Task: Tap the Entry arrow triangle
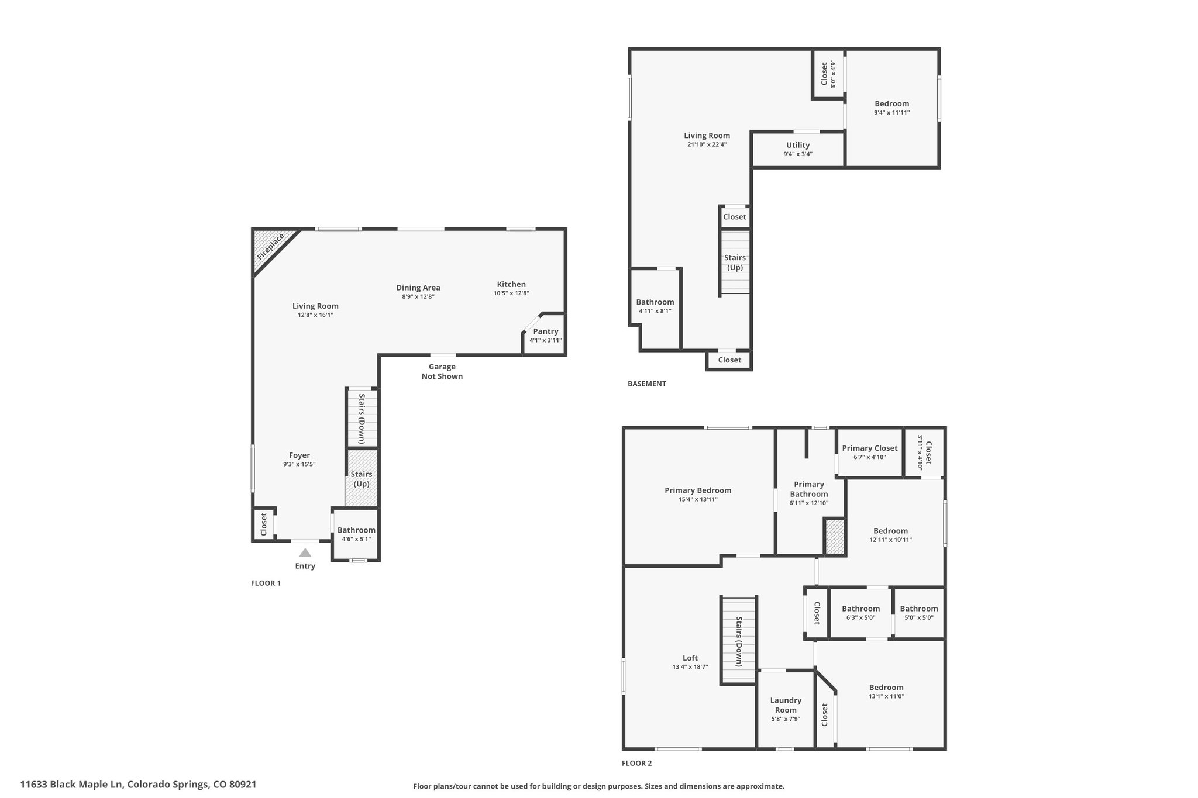click(305, 552)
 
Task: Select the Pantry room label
click(546, 331)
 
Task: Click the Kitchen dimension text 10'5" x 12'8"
click(511, 293)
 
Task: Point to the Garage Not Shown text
click(442, 371)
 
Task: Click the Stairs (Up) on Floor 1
click(361, 479)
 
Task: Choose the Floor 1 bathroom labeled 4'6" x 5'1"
click(356, 534)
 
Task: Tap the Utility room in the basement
click(798, 149)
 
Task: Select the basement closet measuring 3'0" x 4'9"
click(828, 74)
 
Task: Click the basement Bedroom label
click(891, 104)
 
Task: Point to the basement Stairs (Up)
click(735, 262)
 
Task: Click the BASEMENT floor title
click(646, 384)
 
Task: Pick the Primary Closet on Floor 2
click(869, 452)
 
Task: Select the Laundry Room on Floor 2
click(786, 709)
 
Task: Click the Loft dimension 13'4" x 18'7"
click(690, 667)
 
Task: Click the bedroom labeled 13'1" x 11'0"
click(886, 692)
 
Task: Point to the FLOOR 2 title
click(636, 763)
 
